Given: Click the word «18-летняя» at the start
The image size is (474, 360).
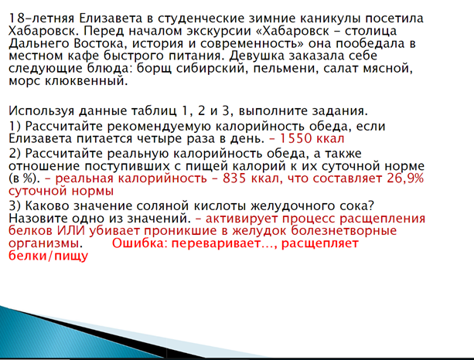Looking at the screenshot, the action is click(41, 19).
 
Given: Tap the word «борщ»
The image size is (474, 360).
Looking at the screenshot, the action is click(154, 69).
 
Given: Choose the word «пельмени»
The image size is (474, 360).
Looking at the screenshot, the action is click(286, 69).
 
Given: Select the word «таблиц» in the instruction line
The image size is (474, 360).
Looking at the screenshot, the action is click(154, 111).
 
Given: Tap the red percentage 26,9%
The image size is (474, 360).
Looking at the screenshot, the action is click(405, 178).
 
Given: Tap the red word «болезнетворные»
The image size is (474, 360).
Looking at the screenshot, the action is click(344, 231).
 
